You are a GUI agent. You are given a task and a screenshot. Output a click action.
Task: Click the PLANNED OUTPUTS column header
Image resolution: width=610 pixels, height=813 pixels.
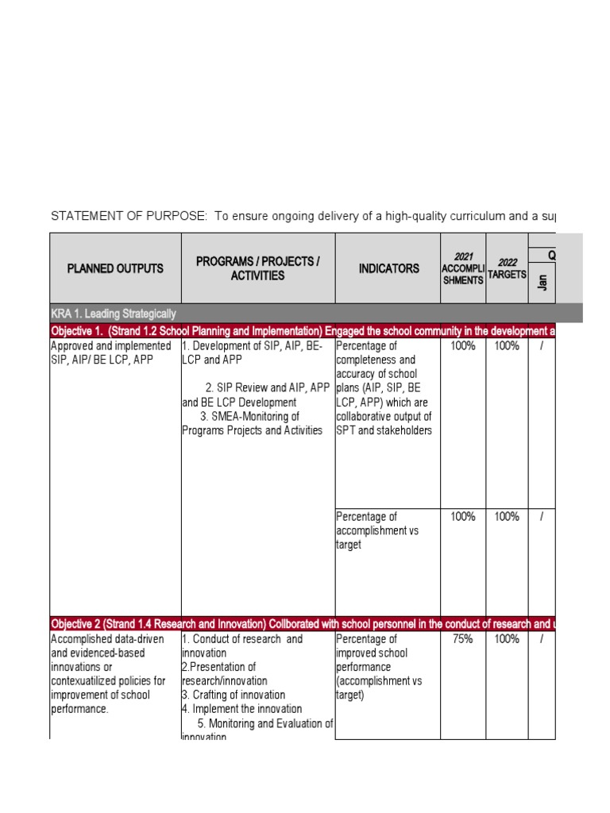[115, 268]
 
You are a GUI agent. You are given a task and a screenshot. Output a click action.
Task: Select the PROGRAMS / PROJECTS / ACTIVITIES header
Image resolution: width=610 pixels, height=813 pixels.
[257, 268]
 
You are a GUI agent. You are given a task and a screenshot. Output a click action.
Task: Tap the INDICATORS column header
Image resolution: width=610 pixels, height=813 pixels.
[388, 268]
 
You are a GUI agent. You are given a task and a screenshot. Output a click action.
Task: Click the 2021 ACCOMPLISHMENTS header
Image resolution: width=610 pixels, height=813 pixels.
[463, 268]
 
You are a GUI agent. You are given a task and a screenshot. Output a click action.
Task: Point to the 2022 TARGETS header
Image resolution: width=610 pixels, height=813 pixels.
[507, 268]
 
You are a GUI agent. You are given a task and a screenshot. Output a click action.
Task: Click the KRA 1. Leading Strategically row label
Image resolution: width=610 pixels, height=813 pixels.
[113, 314]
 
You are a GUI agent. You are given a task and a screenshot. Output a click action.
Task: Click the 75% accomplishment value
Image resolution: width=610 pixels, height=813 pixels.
[463, 639]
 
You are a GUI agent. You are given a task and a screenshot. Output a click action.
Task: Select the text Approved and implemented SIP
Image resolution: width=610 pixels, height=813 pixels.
[110, 346]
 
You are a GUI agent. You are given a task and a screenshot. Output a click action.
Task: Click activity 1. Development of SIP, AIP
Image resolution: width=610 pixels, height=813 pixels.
[253, 353]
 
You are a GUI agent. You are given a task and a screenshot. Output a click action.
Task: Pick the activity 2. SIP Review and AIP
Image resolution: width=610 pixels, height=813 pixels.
[256, 395]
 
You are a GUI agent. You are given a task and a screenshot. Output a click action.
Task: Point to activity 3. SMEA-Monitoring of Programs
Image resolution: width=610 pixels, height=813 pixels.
[252, 423]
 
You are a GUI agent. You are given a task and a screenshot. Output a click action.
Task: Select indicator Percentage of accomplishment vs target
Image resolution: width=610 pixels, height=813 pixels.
[378, 530]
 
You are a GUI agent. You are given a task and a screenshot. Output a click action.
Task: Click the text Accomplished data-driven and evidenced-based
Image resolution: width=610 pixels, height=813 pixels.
[107, 646]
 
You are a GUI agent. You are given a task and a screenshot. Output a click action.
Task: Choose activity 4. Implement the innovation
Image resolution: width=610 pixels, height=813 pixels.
[242, 709]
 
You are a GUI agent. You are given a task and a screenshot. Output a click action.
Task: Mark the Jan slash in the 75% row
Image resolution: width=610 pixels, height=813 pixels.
[542, 639]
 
